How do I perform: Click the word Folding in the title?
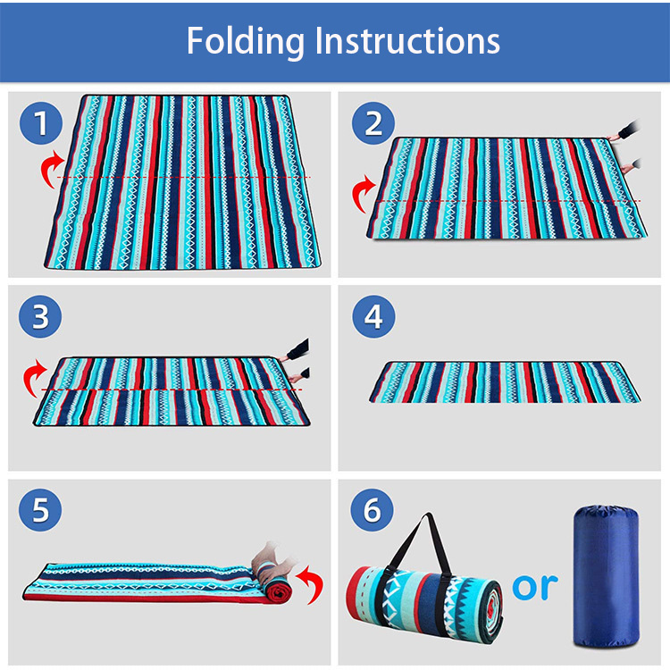(246, 41)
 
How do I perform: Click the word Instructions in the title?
(407, 40)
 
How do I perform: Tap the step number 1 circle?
(41, 123)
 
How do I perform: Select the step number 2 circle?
(373, 123)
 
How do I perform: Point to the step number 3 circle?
(40, 316)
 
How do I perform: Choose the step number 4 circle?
(373, 316)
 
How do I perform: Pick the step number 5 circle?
(40, 510)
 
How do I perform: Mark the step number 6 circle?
(373, 510)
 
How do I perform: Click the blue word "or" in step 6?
(535, 587)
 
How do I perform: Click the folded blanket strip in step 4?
(505, 382)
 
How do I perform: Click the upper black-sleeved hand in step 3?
(296, 350)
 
